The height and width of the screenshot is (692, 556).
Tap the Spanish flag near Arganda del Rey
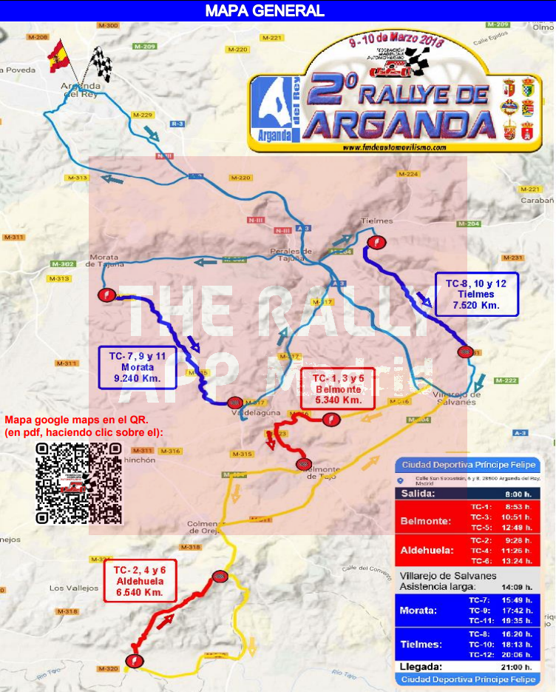pos(58,57)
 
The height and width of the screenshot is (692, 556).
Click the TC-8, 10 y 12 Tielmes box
pos(476,294)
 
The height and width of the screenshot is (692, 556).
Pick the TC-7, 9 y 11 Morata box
pos(138,367)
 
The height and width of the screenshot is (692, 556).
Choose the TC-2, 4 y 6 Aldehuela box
pos(140,582)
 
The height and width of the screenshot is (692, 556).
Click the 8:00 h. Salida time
pos(518,494)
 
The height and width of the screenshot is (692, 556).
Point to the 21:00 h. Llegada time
pos(517,667)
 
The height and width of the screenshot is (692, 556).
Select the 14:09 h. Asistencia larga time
pos(517,587)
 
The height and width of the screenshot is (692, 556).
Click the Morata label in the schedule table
pos(418,611)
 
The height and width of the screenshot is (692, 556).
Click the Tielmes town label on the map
pos(374,221)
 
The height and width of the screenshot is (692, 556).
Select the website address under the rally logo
pos(394,147)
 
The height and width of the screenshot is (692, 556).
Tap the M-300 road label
pos(108,26)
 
